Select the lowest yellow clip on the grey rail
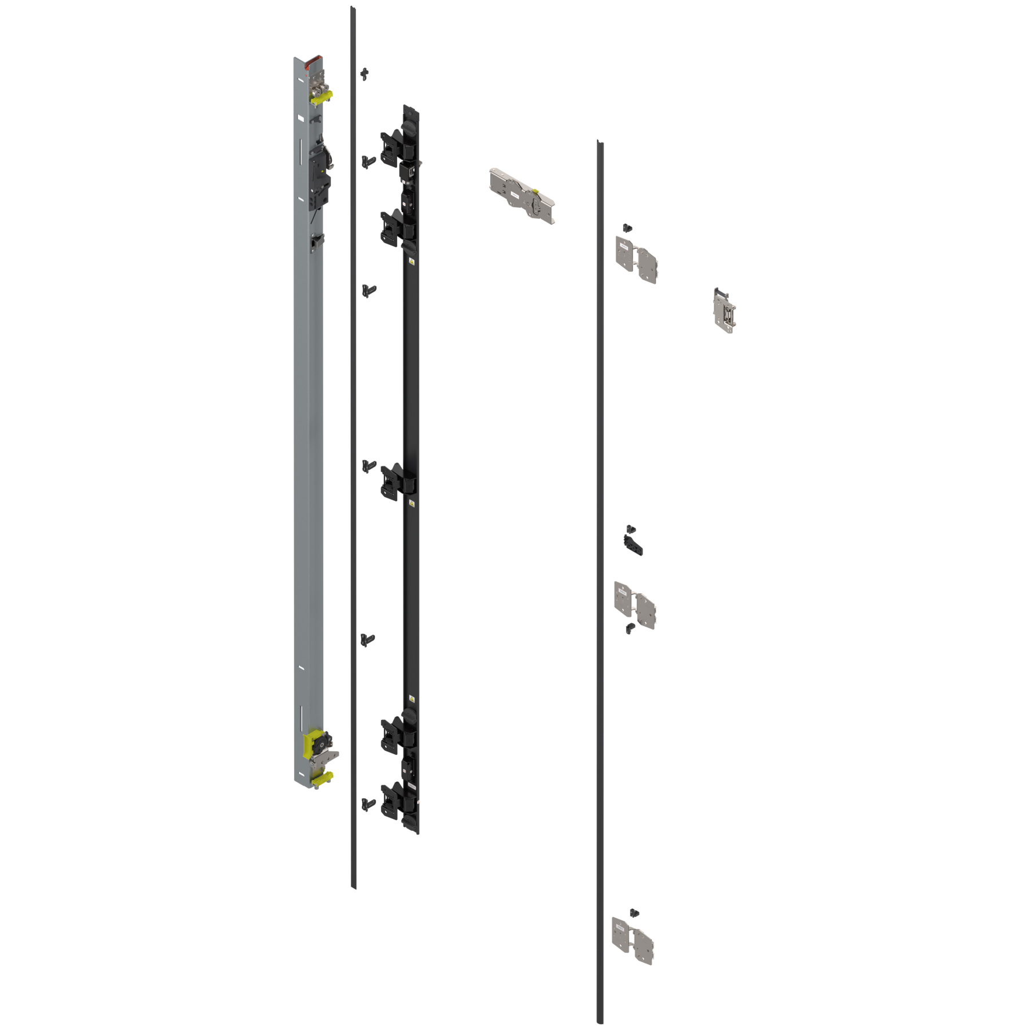(322, 777)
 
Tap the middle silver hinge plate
(635, 604)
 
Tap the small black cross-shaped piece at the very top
(365, 73)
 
